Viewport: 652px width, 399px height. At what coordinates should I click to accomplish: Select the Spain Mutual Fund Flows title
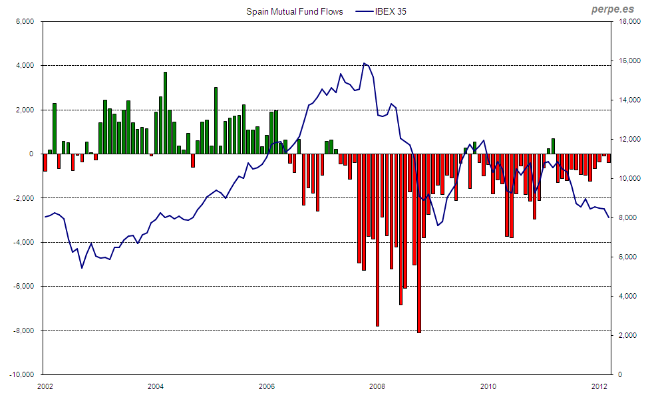point(294,12)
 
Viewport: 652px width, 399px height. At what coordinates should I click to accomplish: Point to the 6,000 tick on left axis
point(23,21)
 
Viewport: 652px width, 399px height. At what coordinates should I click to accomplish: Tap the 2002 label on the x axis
point(45,386)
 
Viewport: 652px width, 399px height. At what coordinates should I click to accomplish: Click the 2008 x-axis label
point(377,386)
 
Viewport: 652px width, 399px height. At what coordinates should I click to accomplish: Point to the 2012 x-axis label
point(599,386)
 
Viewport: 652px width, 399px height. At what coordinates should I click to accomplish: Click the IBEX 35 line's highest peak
point(364,64)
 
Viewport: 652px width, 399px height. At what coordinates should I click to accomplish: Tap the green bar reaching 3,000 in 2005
point(216,120)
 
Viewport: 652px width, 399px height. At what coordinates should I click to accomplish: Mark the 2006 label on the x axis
point(266,386)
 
